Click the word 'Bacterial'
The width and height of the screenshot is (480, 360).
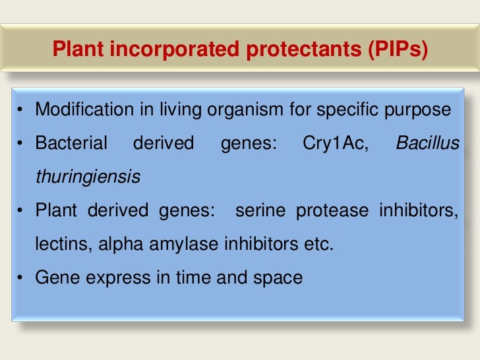click(71, 143)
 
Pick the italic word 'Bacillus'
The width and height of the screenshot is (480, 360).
click(427, 143)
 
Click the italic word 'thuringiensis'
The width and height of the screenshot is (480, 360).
click(87, 177)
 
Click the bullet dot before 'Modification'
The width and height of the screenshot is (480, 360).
click(22, 109)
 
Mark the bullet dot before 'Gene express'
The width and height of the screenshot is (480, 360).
click(22, 278)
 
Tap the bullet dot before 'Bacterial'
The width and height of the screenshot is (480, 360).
click(22, 143)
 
